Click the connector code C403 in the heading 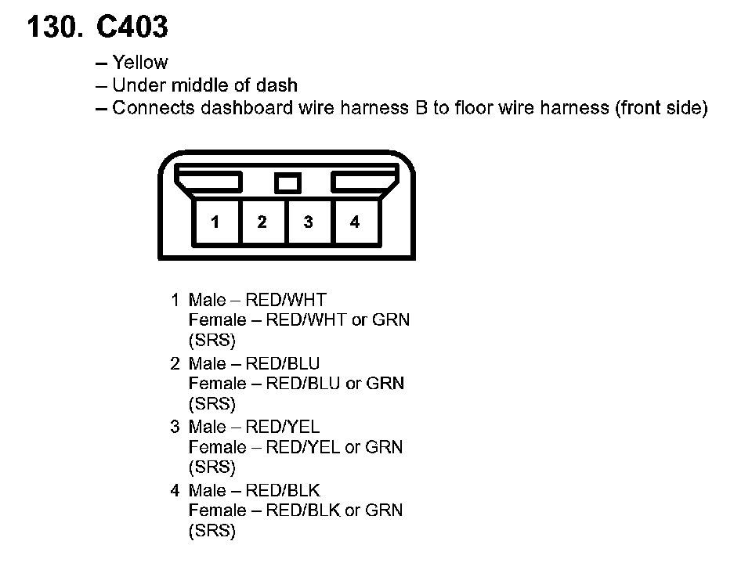click(132, 28)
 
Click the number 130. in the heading click(54, 28)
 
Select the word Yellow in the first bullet click(140, 62)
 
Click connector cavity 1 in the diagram click(215, 222)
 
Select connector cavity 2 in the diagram click(262, 222)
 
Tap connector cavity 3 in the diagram click(308, 222)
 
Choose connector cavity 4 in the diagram click(355, 222)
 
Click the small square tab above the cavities click(287, 183)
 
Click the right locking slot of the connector click(364, 183)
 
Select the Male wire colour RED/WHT click(286, 300)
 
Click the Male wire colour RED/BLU click(283, 363)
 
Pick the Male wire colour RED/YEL click(283, 427)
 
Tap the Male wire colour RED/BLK click(283, 491)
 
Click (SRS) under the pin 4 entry click(212, 532)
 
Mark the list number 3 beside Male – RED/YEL click(175, 427)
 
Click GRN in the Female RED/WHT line click(391, 319)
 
